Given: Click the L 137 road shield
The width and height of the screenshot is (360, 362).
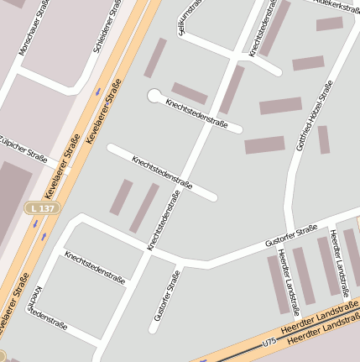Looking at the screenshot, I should (x=42, y=207).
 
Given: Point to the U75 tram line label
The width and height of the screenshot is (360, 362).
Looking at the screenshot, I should (x=269, y=342).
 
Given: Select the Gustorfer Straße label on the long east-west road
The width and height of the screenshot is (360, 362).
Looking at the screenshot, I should (x=290, y=235).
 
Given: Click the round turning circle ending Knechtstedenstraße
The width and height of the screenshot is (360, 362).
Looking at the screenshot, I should (x=154, y=97).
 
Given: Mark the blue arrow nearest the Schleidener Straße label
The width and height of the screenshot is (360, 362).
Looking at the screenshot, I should (x=98, y=90).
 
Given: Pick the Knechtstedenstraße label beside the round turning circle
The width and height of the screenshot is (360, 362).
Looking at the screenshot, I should (x=199, y=115).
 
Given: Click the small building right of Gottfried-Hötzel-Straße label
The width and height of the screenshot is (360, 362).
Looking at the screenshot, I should (x=324, y=139).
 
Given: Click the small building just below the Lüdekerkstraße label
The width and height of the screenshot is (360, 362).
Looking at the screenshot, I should (x=330, y=24).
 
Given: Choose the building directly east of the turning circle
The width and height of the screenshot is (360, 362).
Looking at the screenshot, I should (x=190, y=93).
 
